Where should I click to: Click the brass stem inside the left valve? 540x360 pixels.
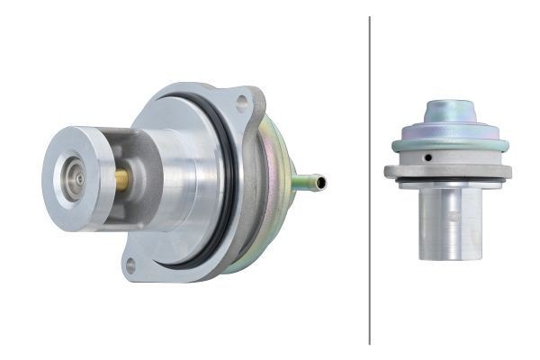pos(121,179)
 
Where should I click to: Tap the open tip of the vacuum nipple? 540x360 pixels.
pos(321,183)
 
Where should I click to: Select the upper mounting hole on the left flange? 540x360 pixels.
pos(241,103)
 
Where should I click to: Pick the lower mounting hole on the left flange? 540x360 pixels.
pos(131,265)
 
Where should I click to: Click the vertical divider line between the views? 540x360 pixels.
pos(369,180)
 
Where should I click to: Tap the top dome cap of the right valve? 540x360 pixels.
pos(449,110)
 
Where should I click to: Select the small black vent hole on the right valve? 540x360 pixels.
pos(429,157)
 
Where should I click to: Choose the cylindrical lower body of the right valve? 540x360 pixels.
pos(450,225)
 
